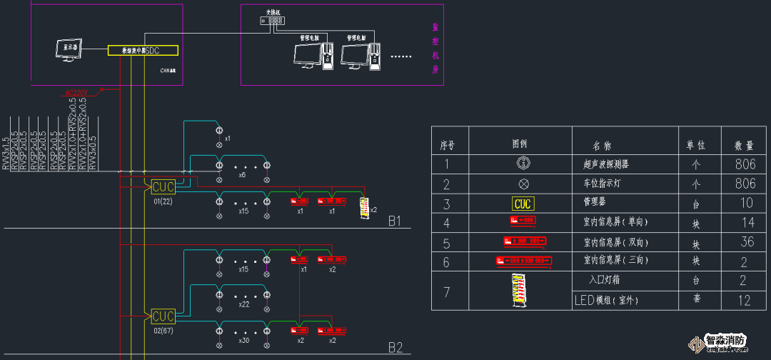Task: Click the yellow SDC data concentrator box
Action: (142, 51)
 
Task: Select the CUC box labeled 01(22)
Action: (163, 187)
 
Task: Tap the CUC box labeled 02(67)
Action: (163, 316)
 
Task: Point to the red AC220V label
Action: (75, 93)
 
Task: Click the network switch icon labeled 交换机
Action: (273, 21)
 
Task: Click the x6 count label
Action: (242, 175)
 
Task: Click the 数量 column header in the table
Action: (745, 145)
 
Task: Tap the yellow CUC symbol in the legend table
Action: (523, 204)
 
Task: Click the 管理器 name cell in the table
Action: (595, 203)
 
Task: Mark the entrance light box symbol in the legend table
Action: (521, 290)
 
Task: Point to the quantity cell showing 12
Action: (745, 301)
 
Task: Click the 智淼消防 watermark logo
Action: (724, 343)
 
